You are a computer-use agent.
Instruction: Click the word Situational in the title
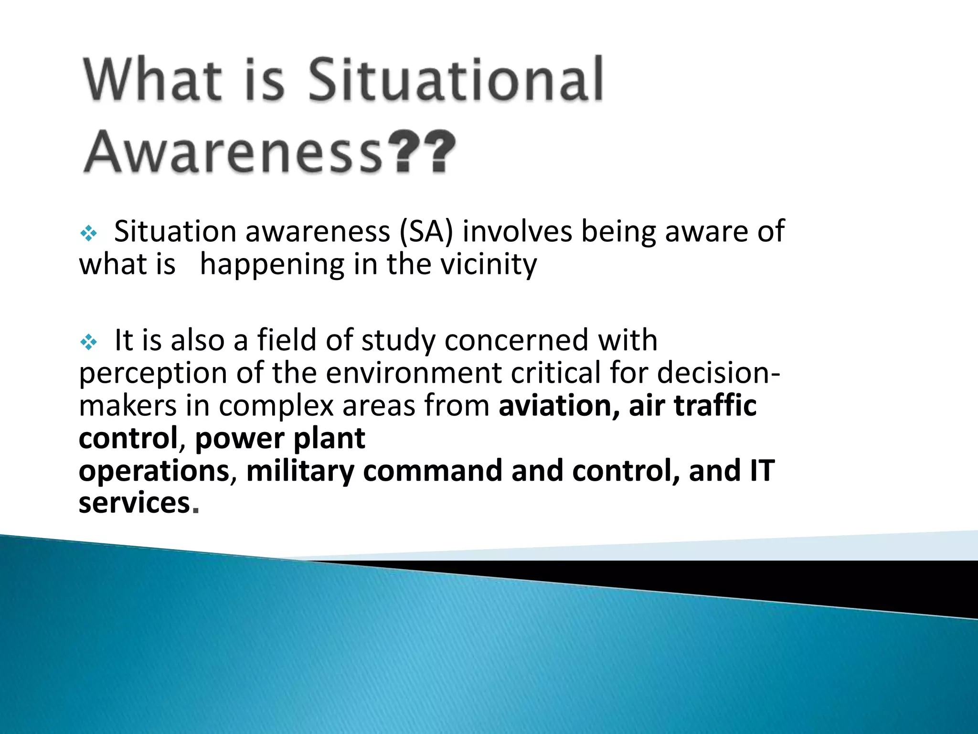(x=456, y=80)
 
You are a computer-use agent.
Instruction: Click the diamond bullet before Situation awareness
(x=89, y=234)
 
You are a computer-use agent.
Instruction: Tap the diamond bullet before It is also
(x=89, y=342)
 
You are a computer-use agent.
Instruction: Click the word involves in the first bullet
(x=517, y=232)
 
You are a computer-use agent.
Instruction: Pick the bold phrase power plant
(x=280, y=438)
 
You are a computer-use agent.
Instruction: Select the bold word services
(x=135, y=504)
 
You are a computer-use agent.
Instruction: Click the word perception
(x=153, y=374)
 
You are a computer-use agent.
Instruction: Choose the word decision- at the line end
(x=719, y=373)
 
